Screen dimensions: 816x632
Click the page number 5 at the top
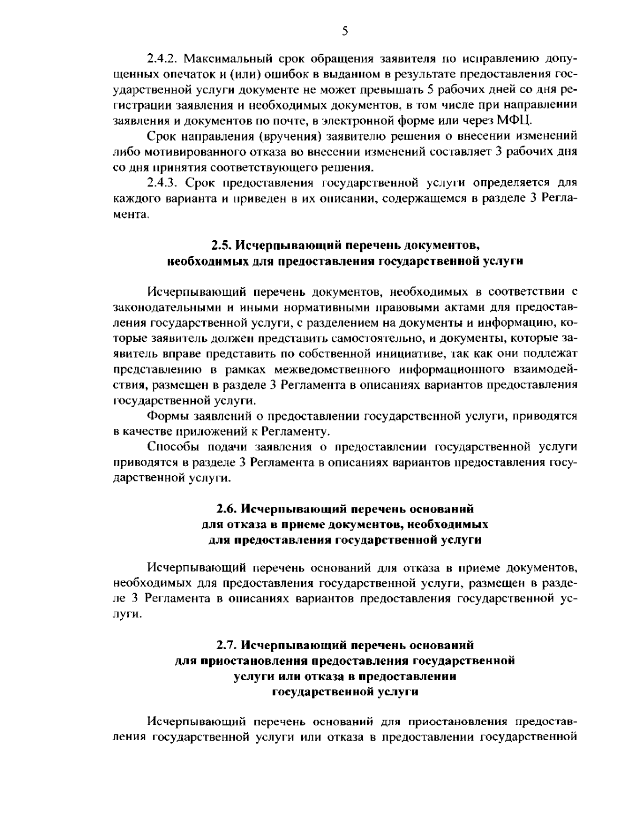click(345, 32)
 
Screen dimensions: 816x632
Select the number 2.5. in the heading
click(221, 245)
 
